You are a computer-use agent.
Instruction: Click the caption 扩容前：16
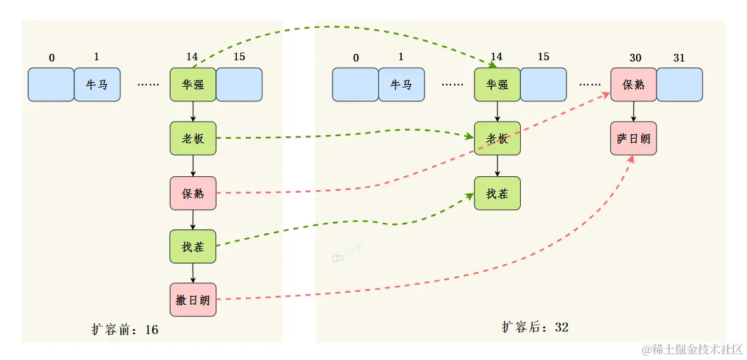click(125, 330)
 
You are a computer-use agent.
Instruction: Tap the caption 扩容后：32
click(535, 327)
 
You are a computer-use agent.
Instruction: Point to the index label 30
click(635, 58)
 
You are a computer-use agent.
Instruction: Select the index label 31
click(679, 58)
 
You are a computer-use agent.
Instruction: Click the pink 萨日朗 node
click(634, 138)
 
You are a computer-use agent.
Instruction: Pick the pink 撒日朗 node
click(193, 300)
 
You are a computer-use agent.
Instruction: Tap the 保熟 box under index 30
click(634, 84)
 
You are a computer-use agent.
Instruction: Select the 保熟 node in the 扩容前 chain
click(193, 193)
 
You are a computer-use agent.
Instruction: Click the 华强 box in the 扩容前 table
click(193, 84)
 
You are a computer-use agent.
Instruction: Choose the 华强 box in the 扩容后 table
click(497, 84)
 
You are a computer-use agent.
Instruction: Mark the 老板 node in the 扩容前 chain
click(193, 138)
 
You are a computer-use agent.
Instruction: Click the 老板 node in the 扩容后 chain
click(497, 138)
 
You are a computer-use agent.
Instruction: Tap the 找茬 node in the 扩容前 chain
click(193, 247)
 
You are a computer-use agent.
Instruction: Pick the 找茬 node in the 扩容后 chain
click(497, 193)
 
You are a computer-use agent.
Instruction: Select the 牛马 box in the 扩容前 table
click(97, 84)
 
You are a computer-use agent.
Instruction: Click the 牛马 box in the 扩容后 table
click(401, 84)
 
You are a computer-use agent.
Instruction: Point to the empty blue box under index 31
click(679, 84)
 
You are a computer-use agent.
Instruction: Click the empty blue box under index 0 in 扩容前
click(51, 84)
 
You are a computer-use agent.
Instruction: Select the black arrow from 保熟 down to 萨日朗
click(634, 112)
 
